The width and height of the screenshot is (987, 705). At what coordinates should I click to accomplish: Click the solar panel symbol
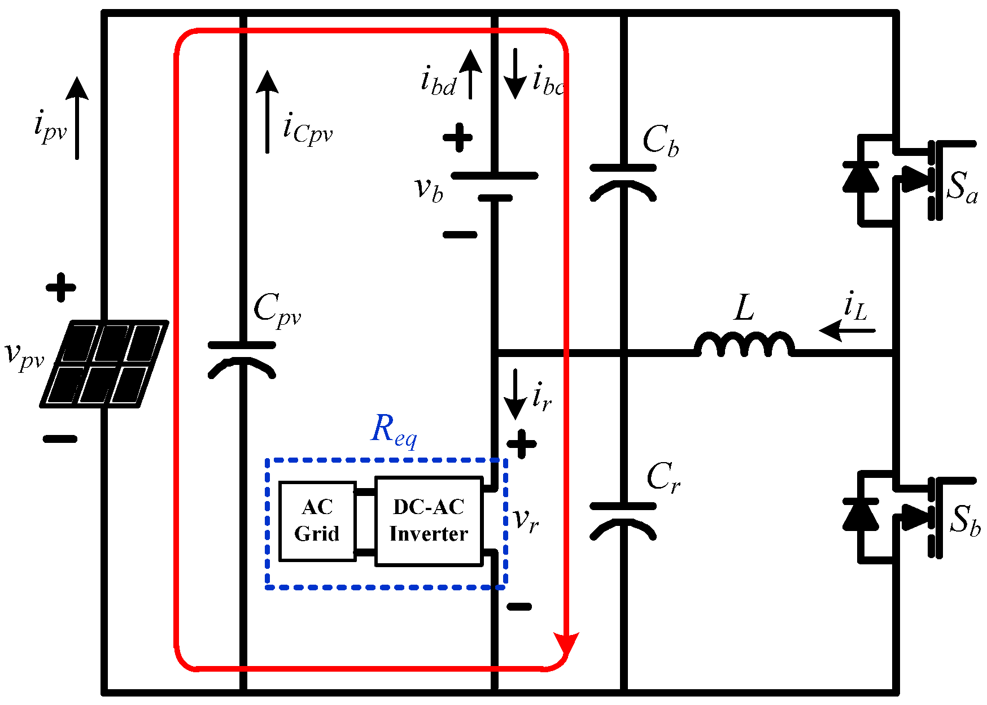(104, 364)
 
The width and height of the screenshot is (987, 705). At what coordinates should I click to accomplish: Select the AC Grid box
(317, 521)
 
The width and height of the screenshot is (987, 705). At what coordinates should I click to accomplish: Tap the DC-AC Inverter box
(429, 521)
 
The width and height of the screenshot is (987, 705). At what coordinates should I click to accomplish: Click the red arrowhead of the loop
(566, 644)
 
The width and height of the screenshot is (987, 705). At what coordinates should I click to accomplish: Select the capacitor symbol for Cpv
(242, 359)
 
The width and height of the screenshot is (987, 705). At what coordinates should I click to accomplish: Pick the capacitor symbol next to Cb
(623, 182)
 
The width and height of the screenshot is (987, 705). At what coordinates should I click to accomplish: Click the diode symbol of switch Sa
(860, 177)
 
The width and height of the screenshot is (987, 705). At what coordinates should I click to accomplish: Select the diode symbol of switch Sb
(860, 514)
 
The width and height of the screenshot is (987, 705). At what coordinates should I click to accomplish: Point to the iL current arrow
(846, 330)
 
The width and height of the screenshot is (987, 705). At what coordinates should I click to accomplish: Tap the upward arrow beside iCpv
(267, 111)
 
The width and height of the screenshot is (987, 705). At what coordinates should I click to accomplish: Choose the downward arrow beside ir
(515, 394)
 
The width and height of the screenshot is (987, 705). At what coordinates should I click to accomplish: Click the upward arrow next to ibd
(470, 74)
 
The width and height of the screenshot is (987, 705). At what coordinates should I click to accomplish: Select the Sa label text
(962, 187)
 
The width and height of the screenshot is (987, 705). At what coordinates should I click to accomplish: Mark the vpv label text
(24, 356)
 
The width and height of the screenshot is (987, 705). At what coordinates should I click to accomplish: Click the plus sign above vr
(522, 444)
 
